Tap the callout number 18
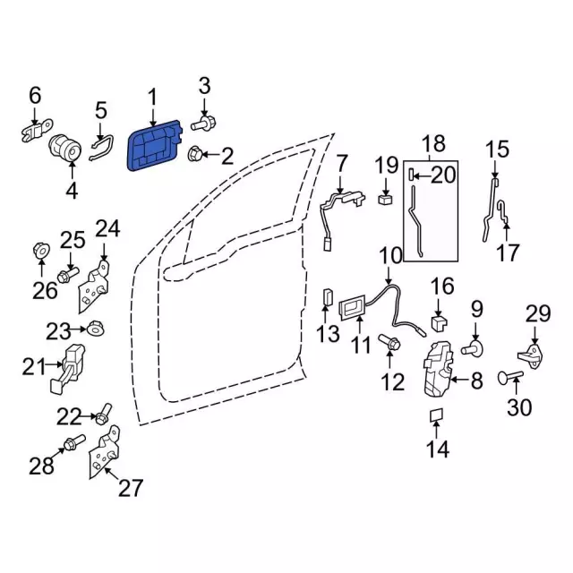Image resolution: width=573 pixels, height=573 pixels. coord(433,144)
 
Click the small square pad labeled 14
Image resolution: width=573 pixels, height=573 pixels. coord(437,415)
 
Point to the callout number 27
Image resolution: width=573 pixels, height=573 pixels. coord(131,488)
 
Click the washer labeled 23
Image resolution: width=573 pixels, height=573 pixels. coord(92,331)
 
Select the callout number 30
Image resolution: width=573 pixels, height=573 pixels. coord(519,407)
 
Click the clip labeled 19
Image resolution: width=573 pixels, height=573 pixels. coord(386,198)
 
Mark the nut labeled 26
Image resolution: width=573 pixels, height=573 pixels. coord(41,251)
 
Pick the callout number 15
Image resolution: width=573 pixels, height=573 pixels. coord(497,150)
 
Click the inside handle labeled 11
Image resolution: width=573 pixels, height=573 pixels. coord(353,308)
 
